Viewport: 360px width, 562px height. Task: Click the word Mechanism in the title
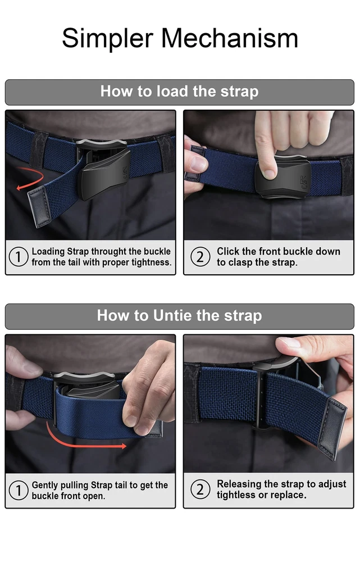(x=230, y=38)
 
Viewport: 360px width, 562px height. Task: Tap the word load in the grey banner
(x=172, y=91)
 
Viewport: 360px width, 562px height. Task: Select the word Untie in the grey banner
(x=172, y=315)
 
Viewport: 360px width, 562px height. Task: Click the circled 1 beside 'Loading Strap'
(x=19, y=257)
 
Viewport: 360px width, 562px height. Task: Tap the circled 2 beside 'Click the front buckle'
(x=200, y=257)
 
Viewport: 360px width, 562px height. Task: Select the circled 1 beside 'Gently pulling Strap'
(x=19, y=490)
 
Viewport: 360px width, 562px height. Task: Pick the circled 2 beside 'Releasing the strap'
(x=200, y=490)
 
